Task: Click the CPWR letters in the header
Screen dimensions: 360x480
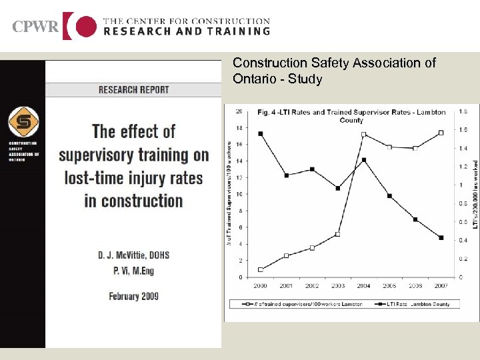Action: [x=35, y=27]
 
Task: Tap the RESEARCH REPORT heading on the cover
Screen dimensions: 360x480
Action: [x=133, y=89]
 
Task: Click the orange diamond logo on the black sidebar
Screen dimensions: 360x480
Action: [x=23, y=123]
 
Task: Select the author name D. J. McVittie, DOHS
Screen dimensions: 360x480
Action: [x=133, y=255]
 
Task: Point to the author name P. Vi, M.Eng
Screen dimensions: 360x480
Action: [x=133, y=271]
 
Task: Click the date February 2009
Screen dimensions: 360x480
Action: [x=133, y=296]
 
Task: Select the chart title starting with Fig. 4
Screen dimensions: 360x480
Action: [x=351, y=116]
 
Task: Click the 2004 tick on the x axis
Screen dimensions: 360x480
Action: [x=363, y=285]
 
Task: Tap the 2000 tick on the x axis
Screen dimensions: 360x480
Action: [x=260, y=285]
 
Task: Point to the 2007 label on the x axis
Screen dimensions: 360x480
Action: [x=441, y=285]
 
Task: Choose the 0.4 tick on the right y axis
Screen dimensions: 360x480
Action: [x=462, y=240]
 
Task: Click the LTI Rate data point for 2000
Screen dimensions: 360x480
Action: [x=260, y=133]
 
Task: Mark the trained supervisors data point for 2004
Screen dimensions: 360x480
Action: [x=363, y=134]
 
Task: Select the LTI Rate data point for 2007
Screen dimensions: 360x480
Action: [x=441, y=237]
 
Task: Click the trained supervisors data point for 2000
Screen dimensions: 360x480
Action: [x=260, y=269]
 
